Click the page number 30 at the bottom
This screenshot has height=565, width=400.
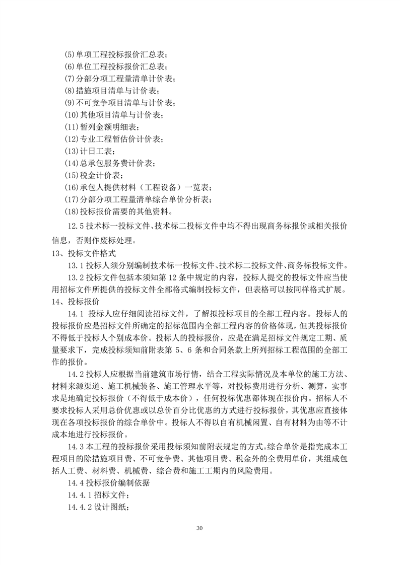coord(200,528)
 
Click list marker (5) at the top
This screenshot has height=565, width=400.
coord(71,54)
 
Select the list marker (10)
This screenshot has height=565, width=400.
coord(72,115)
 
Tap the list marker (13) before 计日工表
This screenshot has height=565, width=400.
coord(72,151)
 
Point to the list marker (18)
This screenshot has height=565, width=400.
coord(72,211)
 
